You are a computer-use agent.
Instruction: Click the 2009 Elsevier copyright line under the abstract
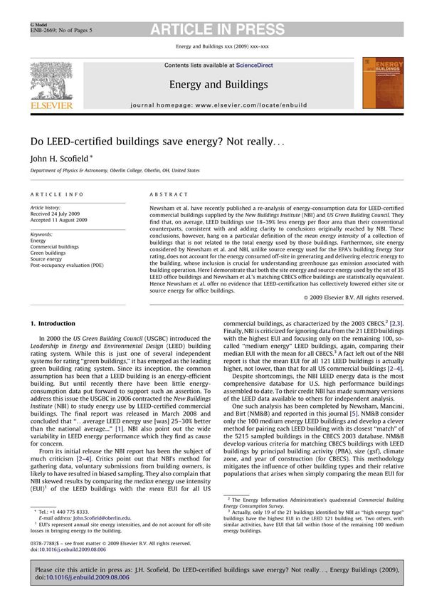point(362,296)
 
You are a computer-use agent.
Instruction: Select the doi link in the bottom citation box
point(88,578)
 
